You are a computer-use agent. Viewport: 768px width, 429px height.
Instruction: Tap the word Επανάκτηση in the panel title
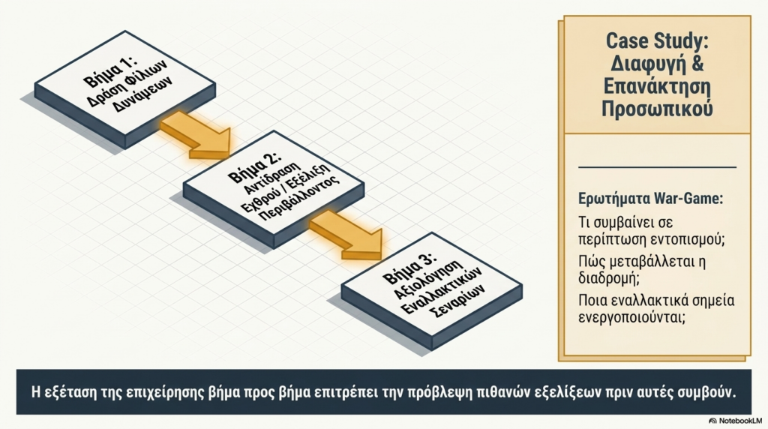[656, 86]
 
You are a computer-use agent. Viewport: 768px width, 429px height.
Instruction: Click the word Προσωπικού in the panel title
[656, 109]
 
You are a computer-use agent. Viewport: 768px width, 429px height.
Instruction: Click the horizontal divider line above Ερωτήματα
[658, 166]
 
